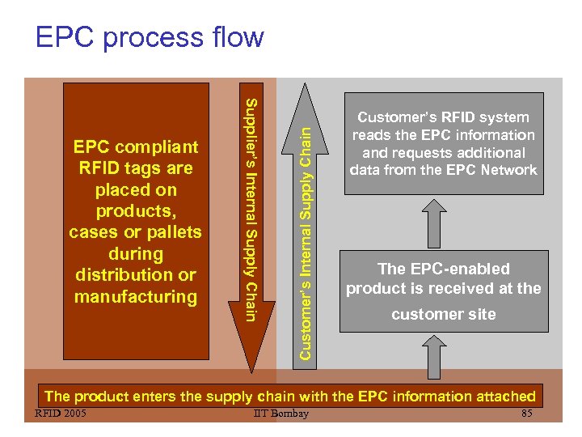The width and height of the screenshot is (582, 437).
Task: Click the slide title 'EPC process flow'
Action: [x=150, y=37]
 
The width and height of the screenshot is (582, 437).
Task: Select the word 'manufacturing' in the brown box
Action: [x=135, y=297]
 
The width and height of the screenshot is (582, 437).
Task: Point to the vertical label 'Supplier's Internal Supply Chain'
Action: [x=251, y=209]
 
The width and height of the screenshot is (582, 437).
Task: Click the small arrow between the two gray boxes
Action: [x=434, y=222]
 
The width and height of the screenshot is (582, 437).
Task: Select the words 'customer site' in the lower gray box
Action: [x=443, y=315]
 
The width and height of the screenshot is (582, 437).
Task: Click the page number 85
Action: [x=527, y=414]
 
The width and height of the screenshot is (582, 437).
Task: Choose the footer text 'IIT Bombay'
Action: [x=280, y=414]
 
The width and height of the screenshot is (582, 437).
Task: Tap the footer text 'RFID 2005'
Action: [x=60, y=414]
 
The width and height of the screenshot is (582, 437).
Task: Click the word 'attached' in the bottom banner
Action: [x=504, y=397]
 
